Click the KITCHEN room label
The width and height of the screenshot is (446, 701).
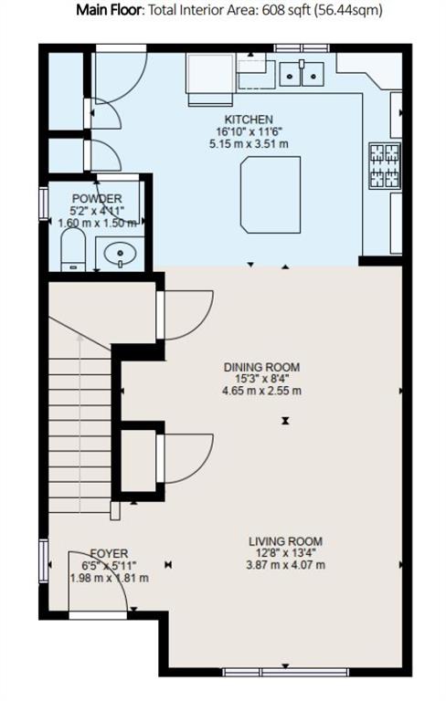[x=249, y=120]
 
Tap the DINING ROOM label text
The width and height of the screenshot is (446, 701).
[x=262, y=368]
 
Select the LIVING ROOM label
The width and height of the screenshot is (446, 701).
[x=286, y=542]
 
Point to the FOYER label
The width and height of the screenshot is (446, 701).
[x=110, y=554]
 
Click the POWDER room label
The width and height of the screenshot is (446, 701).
[x=97, y=198]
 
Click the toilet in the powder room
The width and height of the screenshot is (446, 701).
[x=73, y=249]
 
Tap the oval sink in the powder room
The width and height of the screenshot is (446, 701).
[x=120, y=254]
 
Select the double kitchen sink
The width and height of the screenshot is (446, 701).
[x=302, y=74]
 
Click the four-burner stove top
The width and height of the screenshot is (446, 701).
[x=384, y=165]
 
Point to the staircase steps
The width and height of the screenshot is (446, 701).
[x=80, y=434]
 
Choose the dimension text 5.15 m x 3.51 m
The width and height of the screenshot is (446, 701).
[x=249, y=144]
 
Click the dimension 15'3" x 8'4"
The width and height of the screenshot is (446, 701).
[x=262, y=379]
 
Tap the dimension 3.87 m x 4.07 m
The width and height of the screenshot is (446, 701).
[x=286, y=565]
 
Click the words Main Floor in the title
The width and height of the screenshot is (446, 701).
[x=109, y=10]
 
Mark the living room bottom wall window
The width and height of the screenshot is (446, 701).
[x=285, y=672]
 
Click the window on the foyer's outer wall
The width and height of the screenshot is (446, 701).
[x=44, y=560]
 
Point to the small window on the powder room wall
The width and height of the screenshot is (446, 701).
[x=44, y=204]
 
